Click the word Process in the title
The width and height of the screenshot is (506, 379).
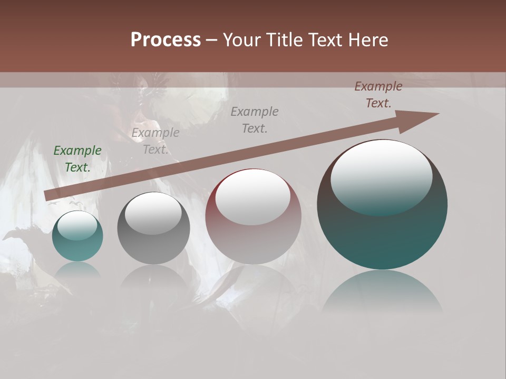click(x=166, y=39)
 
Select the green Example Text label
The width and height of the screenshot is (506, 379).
click(x=77, y=159)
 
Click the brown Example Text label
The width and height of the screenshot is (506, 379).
click(x=378, y=95)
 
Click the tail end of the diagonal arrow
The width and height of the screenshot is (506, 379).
click(x=48, y=195)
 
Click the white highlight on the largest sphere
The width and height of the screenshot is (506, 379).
click(x=382, y=177)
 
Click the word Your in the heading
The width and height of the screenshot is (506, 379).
click(x=242, y=39)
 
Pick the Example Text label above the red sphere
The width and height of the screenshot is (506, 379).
click(x=255, y=120)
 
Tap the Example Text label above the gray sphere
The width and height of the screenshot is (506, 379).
click(x=155, y=141)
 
